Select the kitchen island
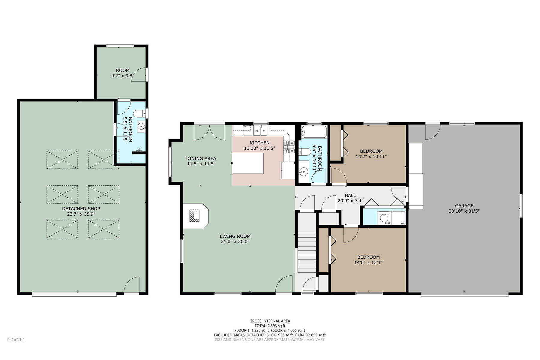tap(248, 163)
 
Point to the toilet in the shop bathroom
tap(139, 114)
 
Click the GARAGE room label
tap(464, 205)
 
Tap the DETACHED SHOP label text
tap(81, 208)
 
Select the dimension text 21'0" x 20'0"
tap(235, 241)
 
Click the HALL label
tap(350, 195)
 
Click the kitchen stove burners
tap(289, 147)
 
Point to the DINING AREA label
tap(201, 158)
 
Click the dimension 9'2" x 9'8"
tap(122, 76)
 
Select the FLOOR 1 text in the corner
tap(16, 340)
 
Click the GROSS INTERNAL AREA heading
tap(270, 321)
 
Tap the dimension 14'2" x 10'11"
tap(371, 156)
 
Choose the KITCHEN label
tap(259, 143)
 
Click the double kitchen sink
tap(260, 130)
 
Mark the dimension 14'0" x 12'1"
tap(368, 262)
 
